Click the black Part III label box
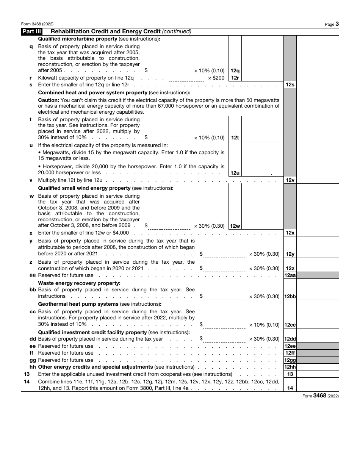point(31,32)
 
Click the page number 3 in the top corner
point(337,24)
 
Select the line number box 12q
point(235,71)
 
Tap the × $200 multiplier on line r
point(216,78)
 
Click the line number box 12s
point(290,85)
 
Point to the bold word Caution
point(48,100)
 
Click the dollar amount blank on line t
point(169,138)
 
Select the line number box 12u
point(235,173)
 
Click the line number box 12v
point(290,180)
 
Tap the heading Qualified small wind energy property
point(84,188)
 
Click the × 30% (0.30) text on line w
point(209,226)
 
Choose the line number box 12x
point(290,233)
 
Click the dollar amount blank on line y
point(224,254)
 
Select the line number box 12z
point(290,269)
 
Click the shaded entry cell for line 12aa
point(318,275)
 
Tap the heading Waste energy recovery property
point(79,283)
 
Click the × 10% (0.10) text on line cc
point(264,325)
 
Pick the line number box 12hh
point(290,367)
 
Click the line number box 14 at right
point(290,388)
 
